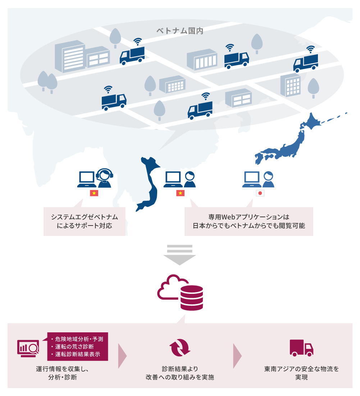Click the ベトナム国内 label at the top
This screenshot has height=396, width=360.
[180, 31]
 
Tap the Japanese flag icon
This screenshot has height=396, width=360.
[260, 193]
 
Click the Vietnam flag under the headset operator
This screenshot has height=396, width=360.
[94, 193]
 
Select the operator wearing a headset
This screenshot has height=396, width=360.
[104, 178]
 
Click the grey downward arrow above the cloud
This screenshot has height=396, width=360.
[179, 254]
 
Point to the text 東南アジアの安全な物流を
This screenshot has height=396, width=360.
[301, 369]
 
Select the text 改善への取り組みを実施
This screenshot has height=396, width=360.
[180, 377]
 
